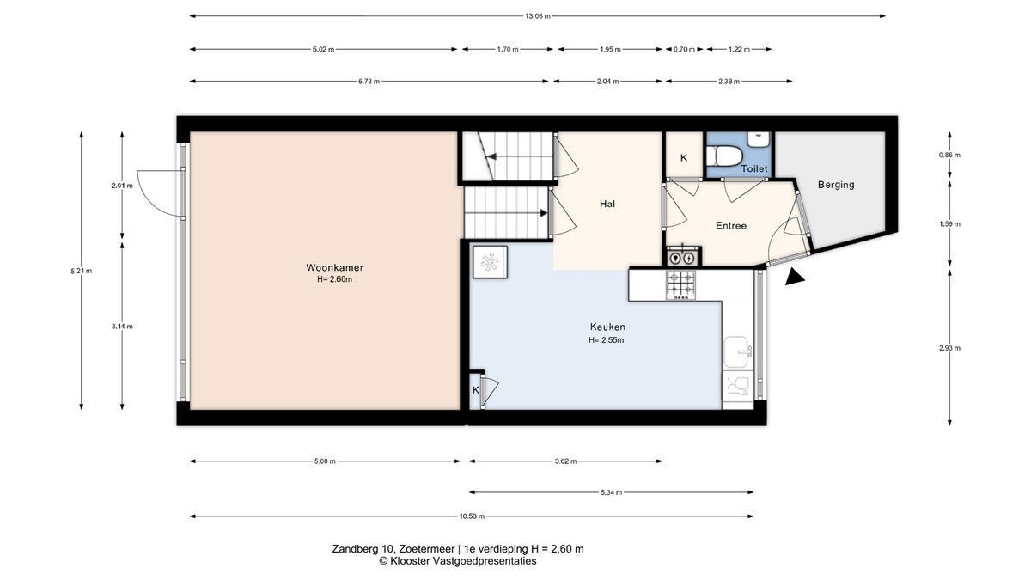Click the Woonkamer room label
pyautogui.click(x=334, y=267)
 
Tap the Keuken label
pyautogui.click(x=607, y=327)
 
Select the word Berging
pyautogui.click(x=836, y=185)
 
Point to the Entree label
pyautogui.click(x=731, y=225)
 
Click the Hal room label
pyautogui.click(x=607, y=204)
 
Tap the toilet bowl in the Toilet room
pyautogui.click(x=724, y=156)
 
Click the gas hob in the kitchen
pyautogui.click(x=681, y=285)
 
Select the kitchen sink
pyautogui.click(x=738, y=352)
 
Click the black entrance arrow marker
pyautogui.click(x=795, y=277)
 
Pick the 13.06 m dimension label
pyautogui.click(x=538, y=16)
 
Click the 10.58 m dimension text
pyautogui.click(x=472, y=516)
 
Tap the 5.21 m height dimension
pyautogui.click(x=82, y=272)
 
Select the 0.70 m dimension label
pyautogui.click(x=684, y=49)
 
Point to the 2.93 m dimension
pyautogui.click(x=949, y=348)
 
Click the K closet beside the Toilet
pyautogui.click(x=684, y=158)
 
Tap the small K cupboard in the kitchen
pyautogui.click(x=475, y=390)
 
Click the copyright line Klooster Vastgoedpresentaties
pyautogui.click(x=457, y=561)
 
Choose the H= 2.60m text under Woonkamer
pyautogui.click(x=334, y=279)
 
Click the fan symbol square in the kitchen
pyautogui.click(x=491, y=262)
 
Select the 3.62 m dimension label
pyautogui.click(x=565, y=461)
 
